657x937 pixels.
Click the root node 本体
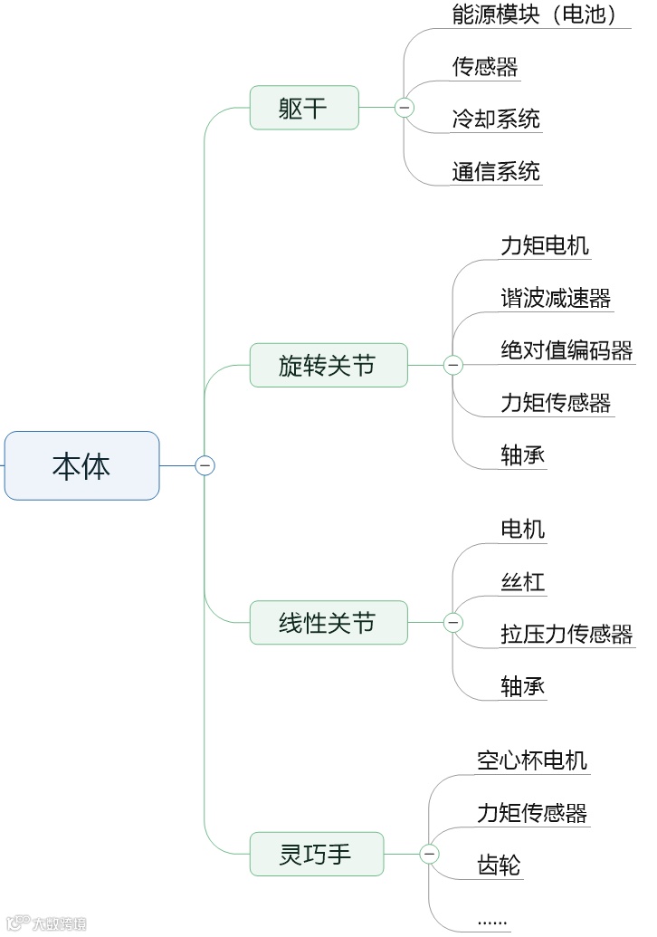click(81, 465)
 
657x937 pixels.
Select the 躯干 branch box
click(304, 108)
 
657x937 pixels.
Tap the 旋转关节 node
click(328, 365)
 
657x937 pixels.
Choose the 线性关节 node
click(328, 623)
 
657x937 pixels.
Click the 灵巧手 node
click(316, 854)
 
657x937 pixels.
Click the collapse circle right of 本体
click(205, 465)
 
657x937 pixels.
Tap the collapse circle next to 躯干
click(404, 108)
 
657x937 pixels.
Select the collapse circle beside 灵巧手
click(429, 854)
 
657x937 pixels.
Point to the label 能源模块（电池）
click(535, 14)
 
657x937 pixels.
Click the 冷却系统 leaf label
click(496, 119)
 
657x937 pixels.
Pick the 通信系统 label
click(496, 171)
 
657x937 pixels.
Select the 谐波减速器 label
click(556, 298)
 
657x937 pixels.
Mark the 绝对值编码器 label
click(567, 350)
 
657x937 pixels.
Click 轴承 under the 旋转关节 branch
click(523, 454)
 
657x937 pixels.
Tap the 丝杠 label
click(523, 581)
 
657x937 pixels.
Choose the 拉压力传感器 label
click(567, 634)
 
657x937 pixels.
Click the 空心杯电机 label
click(532, 760)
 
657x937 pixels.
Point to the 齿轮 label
click(499, 865)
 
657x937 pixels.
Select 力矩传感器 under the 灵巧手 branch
click(532, 812)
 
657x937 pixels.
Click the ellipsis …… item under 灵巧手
click(492, 920)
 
